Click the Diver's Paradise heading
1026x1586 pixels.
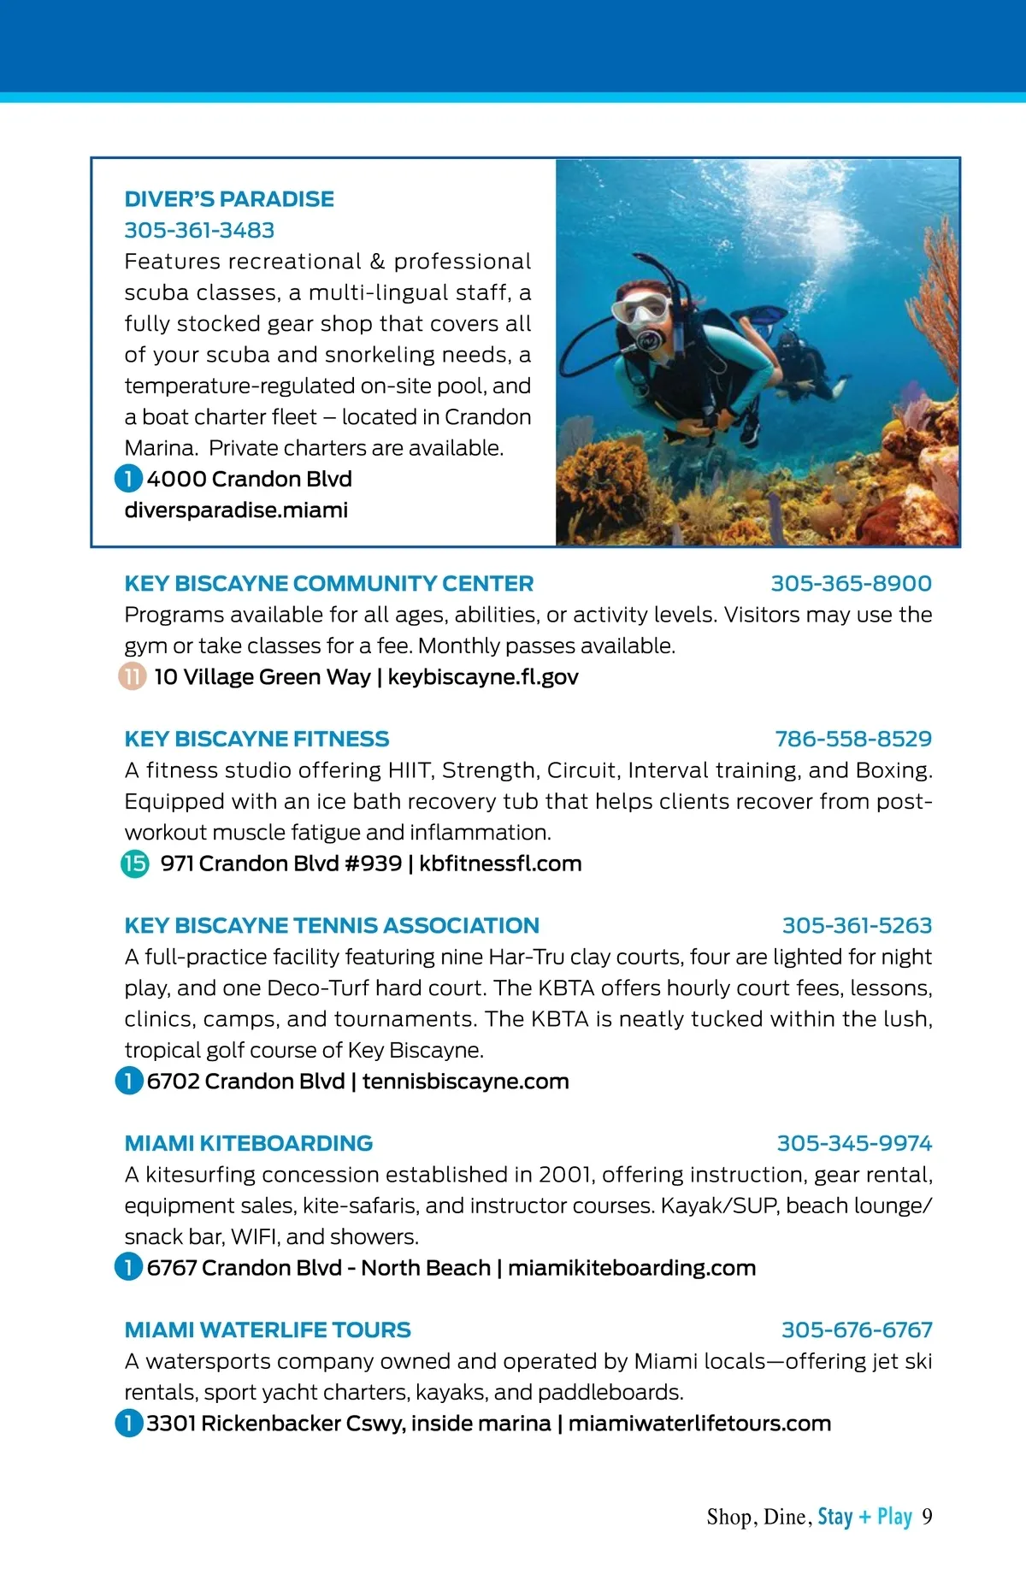tap(229, 199)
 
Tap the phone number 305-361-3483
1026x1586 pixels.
tap(199, 230)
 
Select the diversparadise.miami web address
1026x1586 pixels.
tap(236, 510)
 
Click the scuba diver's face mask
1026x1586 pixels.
tap(643, 307)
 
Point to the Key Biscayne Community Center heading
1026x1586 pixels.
tap(328, 584)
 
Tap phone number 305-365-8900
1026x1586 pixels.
tap(851, 584)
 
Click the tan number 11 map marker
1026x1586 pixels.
tap(132, 677)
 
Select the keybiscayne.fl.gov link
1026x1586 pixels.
tap(483, 677)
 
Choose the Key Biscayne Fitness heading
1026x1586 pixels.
tap(256, 740)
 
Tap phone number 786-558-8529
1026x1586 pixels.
tap(853, 740)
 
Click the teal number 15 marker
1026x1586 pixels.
tap(134, 864)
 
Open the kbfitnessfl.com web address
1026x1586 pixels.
tap(500, 864)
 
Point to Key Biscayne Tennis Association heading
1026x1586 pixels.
tap(332, 926)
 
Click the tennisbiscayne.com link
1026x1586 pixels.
tap(466, 1082)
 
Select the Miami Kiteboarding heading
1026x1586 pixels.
tap(249, 1144)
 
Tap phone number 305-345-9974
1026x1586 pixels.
tap(854, 1144)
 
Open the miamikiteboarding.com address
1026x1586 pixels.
tap(632, 1268)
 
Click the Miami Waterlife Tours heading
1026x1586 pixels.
tap(268, 1330)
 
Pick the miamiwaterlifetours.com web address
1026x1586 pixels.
tap(699, 1424)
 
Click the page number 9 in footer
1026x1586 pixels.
tap(927, 1517)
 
